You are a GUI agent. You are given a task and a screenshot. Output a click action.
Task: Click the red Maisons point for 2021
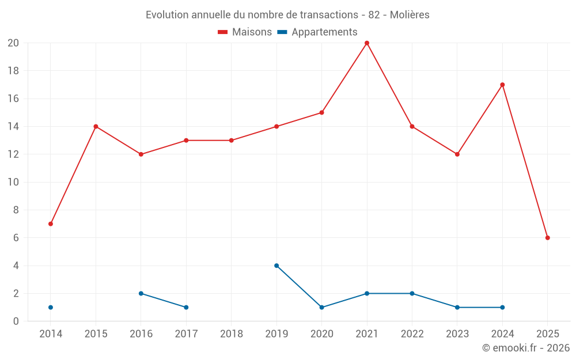367,43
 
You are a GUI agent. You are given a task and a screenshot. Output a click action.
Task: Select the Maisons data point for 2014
51,223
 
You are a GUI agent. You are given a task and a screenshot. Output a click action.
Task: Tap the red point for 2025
548,238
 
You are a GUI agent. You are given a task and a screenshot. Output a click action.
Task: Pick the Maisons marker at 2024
502,85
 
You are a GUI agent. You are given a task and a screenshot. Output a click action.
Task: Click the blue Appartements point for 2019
276,266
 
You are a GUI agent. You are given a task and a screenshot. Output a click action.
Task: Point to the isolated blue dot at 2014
51,308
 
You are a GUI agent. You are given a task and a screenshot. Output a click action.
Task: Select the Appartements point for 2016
141,293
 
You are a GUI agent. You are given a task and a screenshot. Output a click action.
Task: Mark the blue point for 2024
502,308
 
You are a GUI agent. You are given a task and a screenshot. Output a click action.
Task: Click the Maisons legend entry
245,32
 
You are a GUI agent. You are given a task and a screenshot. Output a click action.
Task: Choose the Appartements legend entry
317,32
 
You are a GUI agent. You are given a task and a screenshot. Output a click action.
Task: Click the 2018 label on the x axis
232,334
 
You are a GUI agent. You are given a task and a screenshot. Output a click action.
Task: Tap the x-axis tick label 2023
457,334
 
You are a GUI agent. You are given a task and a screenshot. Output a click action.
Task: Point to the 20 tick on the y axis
13,43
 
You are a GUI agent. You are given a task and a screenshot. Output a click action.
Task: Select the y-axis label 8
16,210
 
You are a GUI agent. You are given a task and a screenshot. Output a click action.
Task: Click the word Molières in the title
410,15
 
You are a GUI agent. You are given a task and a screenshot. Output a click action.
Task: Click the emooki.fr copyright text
526,348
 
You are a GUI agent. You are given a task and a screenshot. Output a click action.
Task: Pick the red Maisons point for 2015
96,127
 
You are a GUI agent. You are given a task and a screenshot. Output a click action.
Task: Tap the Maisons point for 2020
321,113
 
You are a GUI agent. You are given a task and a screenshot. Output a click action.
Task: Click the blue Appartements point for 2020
321,308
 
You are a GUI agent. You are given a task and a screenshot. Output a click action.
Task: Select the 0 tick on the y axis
16,321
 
